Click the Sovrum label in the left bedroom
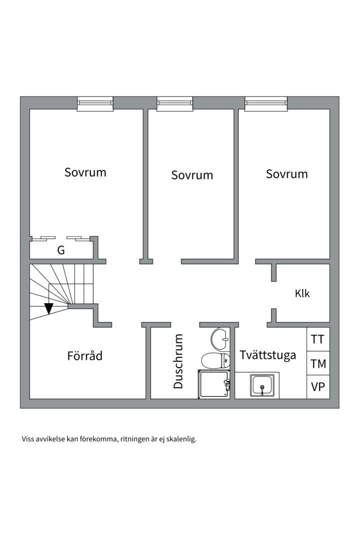click(x=85, y=172)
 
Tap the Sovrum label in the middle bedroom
click(x=192, y=175)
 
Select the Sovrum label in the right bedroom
click(x=286, y=174)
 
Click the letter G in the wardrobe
click(x=61, y=250)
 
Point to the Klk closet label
click(x=302, y=293)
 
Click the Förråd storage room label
click(x=85, y=356)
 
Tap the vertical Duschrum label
click(x=178, y=361)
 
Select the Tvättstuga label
click(x=267, y=355)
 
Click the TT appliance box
click(x=317, y=339)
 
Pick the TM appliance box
click(x=317, y=363)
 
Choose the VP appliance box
click(x=317, y=387)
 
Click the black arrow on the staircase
click(x=48, y=308)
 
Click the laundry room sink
click(x=261, y=386)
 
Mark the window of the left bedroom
click(x=95, y=103)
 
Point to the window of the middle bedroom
click(x=174, y=103)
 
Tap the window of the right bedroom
click(x=266, y=103)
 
